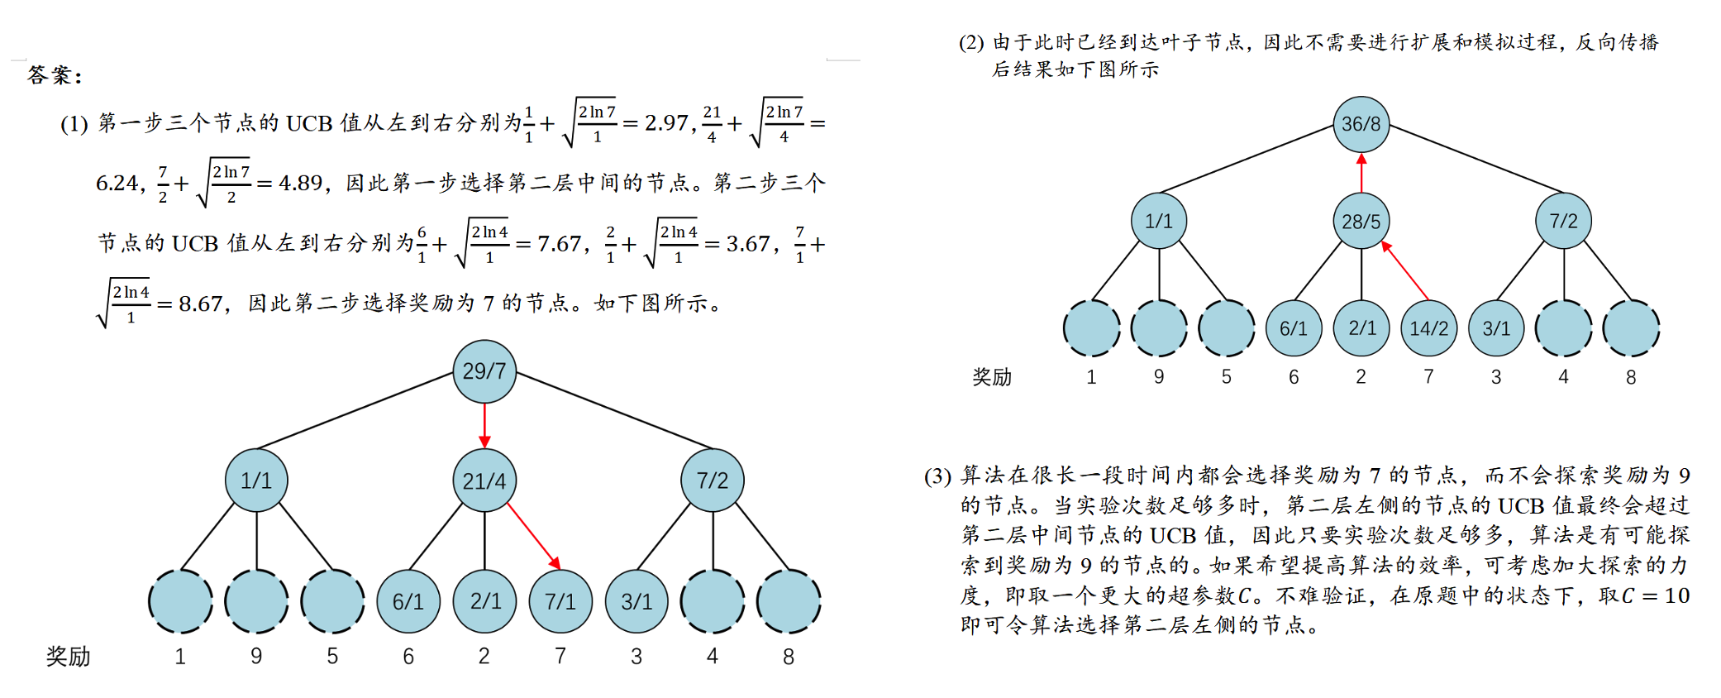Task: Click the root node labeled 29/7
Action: [x=484, y=371]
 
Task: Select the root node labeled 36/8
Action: [x=1361, y=124]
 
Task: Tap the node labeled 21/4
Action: [x=484, y=480]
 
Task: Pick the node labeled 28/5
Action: [x=1361, y=222]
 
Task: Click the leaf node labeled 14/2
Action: [x=1428, y=328]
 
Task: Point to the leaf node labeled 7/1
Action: [x=560, y=601]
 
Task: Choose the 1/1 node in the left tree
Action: [x=256, y=480]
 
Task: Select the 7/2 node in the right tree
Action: [x=1563, y=222]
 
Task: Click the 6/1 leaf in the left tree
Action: [x=408, y=601]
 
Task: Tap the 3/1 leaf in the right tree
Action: [x=1496, y=328]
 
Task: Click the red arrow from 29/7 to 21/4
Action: [x=484, y=426]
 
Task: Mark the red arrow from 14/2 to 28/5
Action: [x=1405, y=270]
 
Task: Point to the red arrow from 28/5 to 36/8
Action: [x=1361, y=172]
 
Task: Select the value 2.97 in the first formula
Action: [x=666, y=123]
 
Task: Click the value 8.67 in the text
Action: [x=200, y=304]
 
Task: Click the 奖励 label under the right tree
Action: [x=992, y=377]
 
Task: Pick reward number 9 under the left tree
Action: [x=256, y=657]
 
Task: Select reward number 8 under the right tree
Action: [x=1631, y=377]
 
